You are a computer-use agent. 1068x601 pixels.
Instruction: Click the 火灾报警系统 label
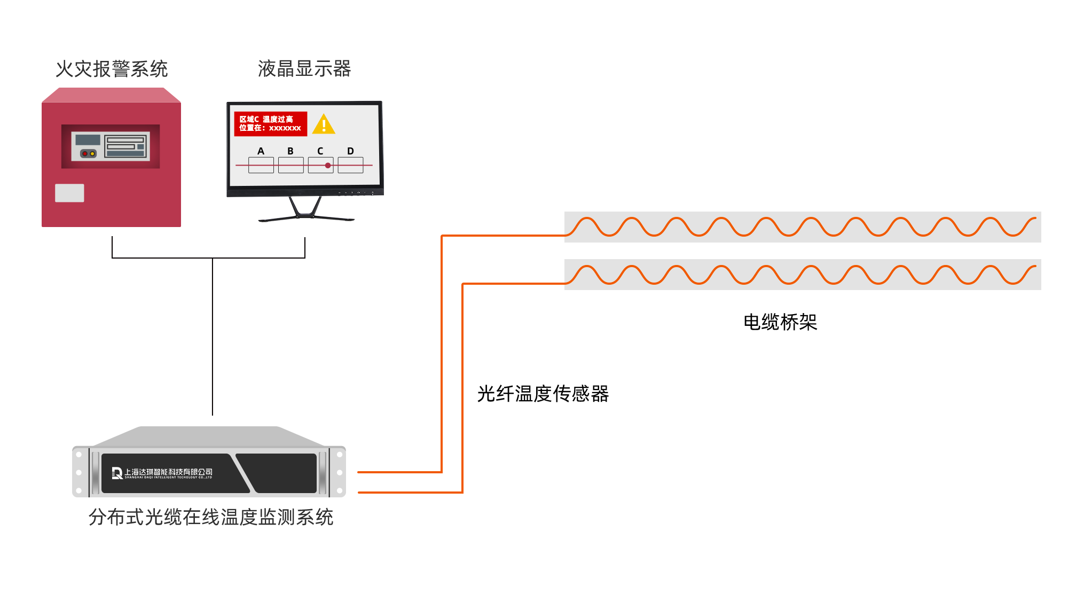[112, 68]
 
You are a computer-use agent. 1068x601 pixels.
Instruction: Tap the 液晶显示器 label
[304, 68]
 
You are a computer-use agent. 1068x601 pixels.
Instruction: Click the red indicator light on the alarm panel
[85, 154]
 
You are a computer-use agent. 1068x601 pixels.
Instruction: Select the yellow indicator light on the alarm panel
[92, 154]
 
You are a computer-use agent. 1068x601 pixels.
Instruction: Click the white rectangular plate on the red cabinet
[69, 193]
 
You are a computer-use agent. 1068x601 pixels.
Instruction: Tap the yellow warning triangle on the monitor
[324, 124]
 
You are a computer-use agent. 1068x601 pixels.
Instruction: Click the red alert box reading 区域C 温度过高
[270, 124]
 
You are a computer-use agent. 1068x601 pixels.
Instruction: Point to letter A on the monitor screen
[261, 151]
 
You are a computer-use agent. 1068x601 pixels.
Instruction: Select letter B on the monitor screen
[290, 151]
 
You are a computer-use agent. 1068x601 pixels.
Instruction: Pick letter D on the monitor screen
[350, 151]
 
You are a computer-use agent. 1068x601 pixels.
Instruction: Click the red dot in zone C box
[328, 166]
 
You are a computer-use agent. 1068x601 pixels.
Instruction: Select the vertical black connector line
[212, 337]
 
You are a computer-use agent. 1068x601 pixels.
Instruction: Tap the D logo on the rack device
[117, 473]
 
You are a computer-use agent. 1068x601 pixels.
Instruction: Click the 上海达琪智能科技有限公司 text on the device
[168, 472]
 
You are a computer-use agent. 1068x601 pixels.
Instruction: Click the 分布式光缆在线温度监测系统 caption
[211, 517]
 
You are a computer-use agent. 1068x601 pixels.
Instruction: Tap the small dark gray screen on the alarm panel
[88, 140]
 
